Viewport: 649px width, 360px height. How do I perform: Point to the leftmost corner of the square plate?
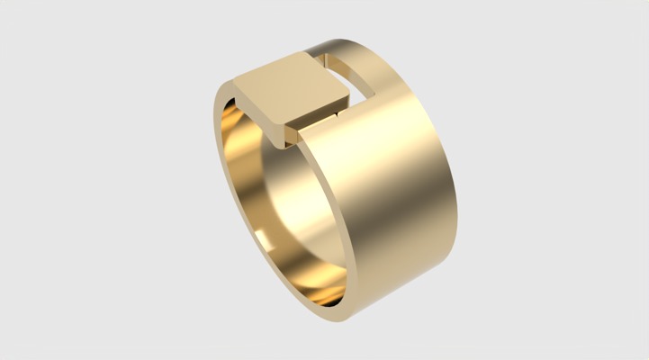236,83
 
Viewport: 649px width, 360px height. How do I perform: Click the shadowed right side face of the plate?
320,114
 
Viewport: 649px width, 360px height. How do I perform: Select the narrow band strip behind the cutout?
342,49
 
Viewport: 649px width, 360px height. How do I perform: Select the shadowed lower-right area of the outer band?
423,261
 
